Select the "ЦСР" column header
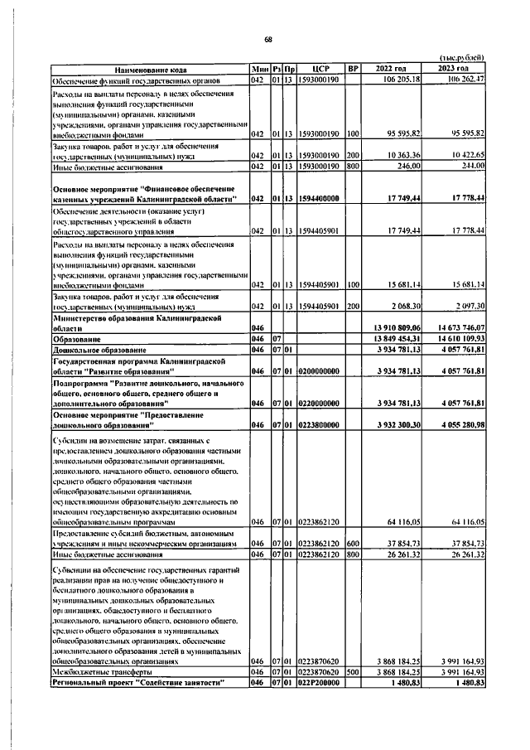tap(321, 68)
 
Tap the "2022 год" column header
tap(391, 68)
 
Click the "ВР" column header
tap(354, 68)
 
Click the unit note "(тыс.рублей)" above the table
tap(460, 57)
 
